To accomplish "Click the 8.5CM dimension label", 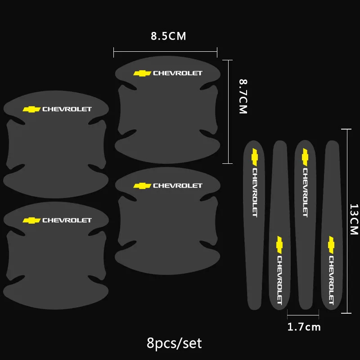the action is point(168,36).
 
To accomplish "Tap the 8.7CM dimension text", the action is point(243,96).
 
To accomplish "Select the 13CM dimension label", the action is point(354,219).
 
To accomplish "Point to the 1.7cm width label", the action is point(304,327).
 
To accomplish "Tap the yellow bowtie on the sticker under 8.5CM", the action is point(142,73).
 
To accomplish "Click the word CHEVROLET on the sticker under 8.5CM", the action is point(178,73).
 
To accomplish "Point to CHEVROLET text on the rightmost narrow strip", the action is point(331,279).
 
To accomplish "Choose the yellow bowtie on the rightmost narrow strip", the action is point(332,243).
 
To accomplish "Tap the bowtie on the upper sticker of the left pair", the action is point(31,109).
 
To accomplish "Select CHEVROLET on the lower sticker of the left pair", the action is point(67,220).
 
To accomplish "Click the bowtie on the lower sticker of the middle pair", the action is point(142,185).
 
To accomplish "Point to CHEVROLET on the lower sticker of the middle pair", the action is point(178,185).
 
